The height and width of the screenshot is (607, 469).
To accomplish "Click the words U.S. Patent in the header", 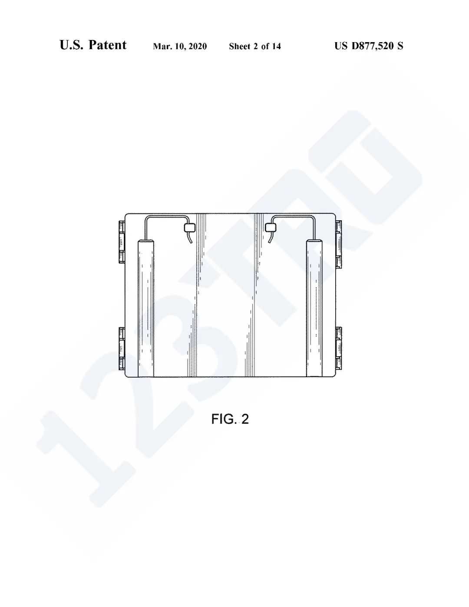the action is tap(93, 45).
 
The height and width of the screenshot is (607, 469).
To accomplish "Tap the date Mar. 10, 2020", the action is tap(180, 46).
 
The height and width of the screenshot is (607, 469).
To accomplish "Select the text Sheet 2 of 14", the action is tap(255, 46).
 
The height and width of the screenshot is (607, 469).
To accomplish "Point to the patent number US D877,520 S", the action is tap(369, 46).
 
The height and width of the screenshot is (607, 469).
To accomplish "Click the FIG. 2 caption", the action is tap(230, 419).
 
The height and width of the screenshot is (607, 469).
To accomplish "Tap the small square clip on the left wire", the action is tap(189, 228).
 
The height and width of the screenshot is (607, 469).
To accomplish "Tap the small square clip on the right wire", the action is tap(271, 228).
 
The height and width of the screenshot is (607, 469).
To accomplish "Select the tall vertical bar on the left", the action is tap(146, 308).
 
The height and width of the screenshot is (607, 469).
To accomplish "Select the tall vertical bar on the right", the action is tap(314, 308).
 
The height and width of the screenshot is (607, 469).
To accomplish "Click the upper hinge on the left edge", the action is tap(122, 242).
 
